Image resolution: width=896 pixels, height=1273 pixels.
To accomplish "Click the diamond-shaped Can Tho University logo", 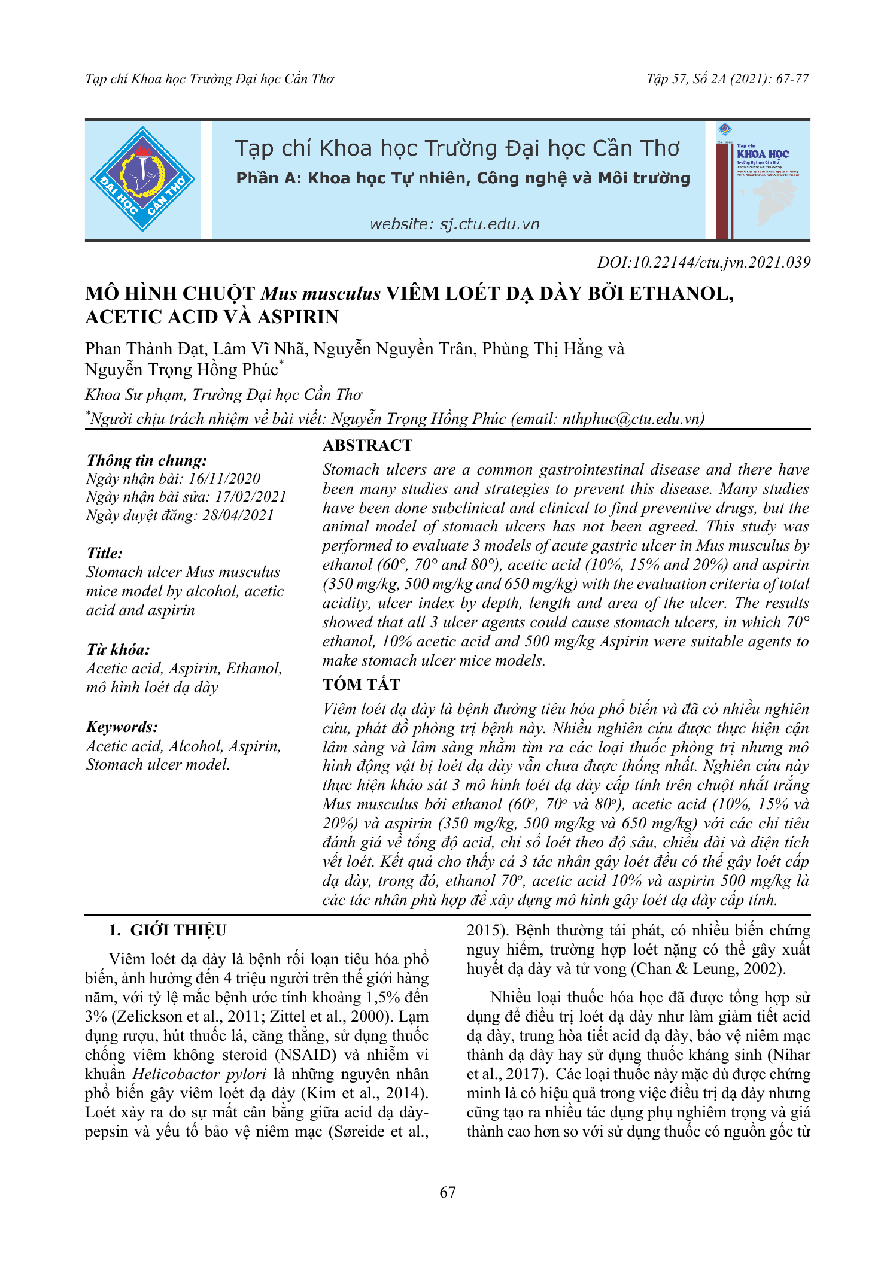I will [142, 179].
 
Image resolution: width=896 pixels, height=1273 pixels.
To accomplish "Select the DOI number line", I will [703, 262].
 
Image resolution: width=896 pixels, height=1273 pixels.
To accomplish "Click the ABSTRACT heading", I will [367, 445].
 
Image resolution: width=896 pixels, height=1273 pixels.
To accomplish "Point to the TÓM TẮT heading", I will [361, 684].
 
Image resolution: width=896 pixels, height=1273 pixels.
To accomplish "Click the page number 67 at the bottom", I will [447, 1192].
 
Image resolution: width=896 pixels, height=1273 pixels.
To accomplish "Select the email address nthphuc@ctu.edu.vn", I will [631, 418].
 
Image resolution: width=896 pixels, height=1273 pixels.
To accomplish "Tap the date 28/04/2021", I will [238, 515].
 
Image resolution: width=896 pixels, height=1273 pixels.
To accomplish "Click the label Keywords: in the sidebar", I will [122, 727].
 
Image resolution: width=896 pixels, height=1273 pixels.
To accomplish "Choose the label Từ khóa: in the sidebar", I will [118, 649].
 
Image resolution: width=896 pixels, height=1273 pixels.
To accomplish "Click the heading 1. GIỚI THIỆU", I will [167, 930].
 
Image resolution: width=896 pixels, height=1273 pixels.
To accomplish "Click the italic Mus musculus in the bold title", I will [321, 294].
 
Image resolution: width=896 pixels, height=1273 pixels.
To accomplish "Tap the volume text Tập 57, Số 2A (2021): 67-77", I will [727, 78].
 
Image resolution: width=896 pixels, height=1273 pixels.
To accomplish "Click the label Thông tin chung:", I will [147, 460].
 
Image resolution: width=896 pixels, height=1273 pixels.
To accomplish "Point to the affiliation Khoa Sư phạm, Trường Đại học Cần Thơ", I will [223, 394].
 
